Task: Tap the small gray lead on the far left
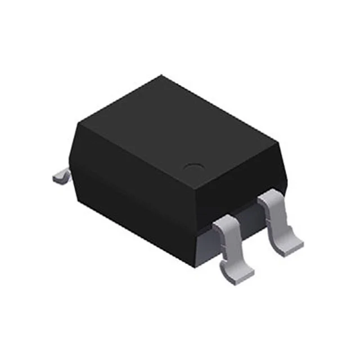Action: coord(61,176)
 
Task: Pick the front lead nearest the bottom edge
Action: coord(232,247)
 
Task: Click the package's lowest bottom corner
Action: coord(194,264)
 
